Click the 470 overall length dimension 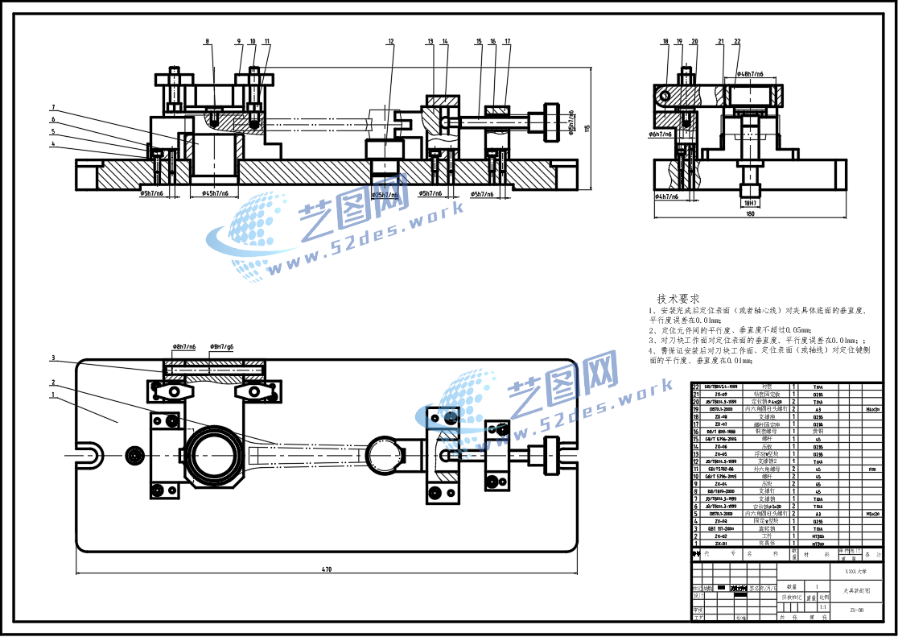coord(327,569)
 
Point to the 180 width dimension coord(750,214)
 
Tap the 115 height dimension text coord(587,128)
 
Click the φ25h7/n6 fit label coord(384,195)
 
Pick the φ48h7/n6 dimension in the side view coord(748,74)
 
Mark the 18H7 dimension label coord(750,203)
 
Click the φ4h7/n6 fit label coord(666,196)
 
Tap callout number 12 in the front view coord(390,41)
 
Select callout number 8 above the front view coord(207,41)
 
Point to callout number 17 coord(507,41)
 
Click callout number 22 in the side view coord(737,41)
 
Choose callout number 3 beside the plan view coord(53,358)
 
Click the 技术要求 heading coord(678,298)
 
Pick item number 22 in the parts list coord(696,387)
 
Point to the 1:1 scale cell coord(822,606)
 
